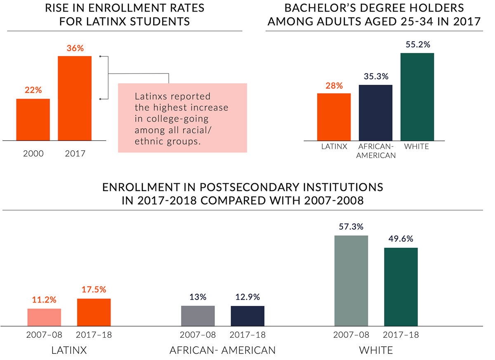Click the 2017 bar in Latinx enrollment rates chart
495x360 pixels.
pos(75,98)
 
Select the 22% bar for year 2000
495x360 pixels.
pos(33,119)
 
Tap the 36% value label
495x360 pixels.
pos(75,48)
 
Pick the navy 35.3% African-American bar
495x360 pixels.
pos(375,112)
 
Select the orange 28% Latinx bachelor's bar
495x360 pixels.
pos(334,116)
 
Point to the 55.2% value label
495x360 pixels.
pos(417,44)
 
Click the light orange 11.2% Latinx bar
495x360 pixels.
pos(44,317)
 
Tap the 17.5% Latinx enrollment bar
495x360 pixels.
pos(94,312)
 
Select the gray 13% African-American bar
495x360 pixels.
pos(198,316)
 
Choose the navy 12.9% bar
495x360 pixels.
pos(247,316)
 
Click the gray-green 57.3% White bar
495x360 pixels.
pos(351,281)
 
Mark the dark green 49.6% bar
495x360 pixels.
pos(401,287)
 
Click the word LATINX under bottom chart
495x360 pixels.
pos(69,351)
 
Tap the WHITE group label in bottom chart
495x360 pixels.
pos(376,351)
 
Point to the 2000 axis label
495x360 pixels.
pos(33,154)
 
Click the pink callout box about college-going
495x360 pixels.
pos(182,118)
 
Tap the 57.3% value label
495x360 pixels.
pos(351,227)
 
